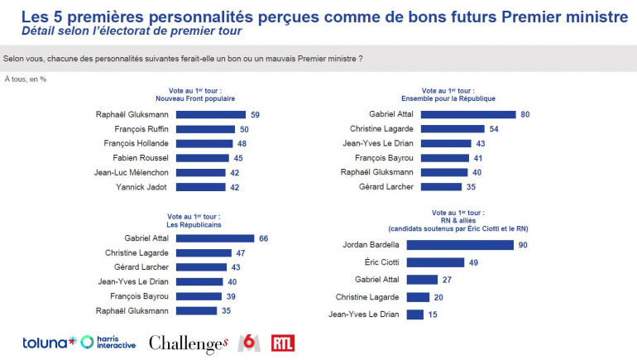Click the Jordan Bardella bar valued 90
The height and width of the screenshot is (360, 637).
[459, 245]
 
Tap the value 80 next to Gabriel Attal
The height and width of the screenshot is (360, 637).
[524, 114]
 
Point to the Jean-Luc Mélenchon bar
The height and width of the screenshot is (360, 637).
[200, 173]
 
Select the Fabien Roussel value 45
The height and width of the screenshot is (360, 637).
[238, 158]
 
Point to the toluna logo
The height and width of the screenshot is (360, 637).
[49, 343]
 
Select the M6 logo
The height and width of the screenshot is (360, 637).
[248, 342]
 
